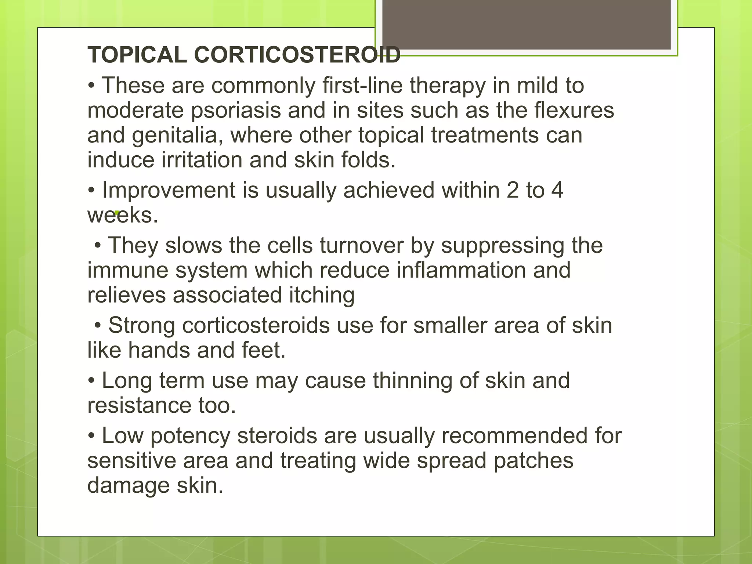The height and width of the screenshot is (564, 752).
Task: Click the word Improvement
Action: tap(169, 191)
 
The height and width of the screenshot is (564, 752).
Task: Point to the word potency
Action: tap(190, 436)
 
